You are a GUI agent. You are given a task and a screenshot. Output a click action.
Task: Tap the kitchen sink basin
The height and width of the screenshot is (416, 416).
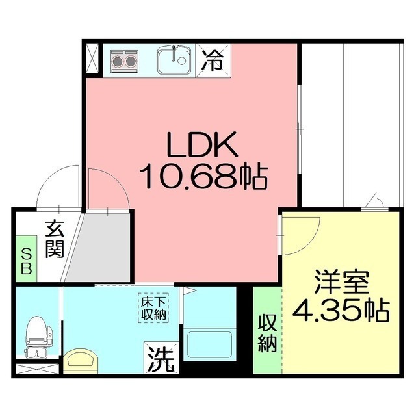point(174,62)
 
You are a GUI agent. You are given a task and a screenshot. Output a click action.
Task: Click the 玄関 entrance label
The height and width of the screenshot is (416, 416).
point(54,239)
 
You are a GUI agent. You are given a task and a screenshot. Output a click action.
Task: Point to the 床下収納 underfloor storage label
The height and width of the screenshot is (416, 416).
point(153,307)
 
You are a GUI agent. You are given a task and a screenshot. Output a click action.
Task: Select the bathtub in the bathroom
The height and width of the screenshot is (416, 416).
point(210,344)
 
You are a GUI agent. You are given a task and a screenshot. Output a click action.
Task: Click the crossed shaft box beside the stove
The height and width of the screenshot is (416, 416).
point(92,60)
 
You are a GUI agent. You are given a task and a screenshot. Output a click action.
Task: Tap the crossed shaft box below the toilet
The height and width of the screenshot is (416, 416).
point(37,369)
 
